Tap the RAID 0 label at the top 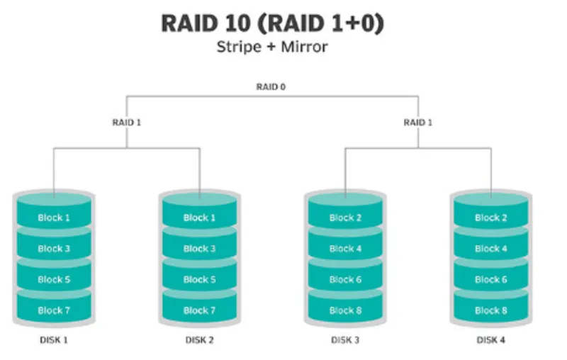pos(271,86)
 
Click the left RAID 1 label pos(127,122)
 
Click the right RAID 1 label pos(417,122)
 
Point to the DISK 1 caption pos(54,340)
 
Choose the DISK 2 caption pos(199,340)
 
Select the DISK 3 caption pos(345,340)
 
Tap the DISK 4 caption pos(490,340)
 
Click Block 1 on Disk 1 pos(54,218)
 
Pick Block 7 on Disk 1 pos(54,310)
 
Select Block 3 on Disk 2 pos(199,248)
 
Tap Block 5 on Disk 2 pos(199,279)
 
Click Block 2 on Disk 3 pos(345,218)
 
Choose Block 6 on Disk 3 pos(345,279)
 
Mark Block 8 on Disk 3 pos(345,310)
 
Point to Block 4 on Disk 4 pos(490,248)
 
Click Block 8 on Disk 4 pos(490,310)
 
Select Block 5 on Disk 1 pos(54,279)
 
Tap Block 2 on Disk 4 pos(490,218)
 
